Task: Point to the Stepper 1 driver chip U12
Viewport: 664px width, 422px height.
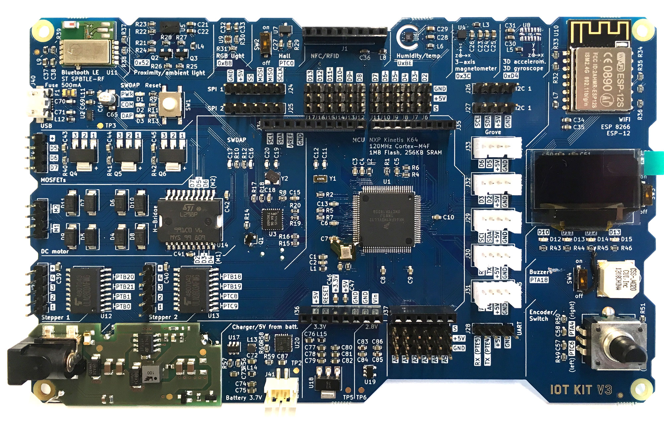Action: coord(86,290)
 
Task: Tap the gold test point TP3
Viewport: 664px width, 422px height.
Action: coord(100,126)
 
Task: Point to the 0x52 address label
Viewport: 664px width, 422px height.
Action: coord(142,62)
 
